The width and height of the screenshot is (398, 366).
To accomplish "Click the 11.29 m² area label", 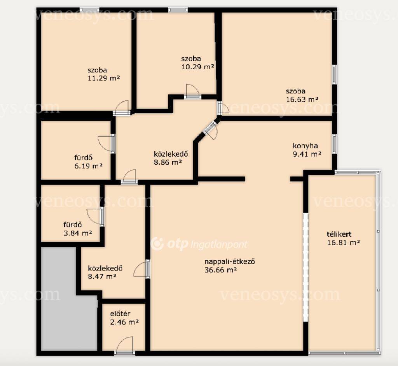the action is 103,78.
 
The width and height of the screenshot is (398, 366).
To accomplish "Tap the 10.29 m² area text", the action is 198,67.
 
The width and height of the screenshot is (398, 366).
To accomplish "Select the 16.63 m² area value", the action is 302,99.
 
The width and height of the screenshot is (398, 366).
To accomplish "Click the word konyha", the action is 305,146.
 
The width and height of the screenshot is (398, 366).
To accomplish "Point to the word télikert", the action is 339,234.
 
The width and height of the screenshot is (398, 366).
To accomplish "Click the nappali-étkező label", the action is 230,262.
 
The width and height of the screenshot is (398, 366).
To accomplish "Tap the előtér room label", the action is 120,313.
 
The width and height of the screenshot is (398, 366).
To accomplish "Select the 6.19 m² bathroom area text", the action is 88,166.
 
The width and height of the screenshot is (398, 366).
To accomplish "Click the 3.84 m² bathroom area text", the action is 78,233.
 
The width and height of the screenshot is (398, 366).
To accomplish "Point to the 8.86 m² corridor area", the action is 168,162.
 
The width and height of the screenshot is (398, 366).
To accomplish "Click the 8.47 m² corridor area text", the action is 102,276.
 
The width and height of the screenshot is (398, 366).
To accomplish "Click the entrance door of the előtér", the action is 125,345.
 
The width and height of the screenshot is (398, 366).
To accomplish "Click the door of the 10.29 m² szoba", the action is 193,91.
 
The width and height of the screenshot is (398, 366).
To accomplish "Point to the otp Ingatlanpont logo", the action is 199,244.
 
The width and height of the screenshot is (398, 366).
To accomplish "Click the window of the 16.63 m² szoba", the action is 335,74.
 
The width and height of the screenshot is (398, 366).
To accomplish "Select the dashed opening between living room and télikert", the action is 305,267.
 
